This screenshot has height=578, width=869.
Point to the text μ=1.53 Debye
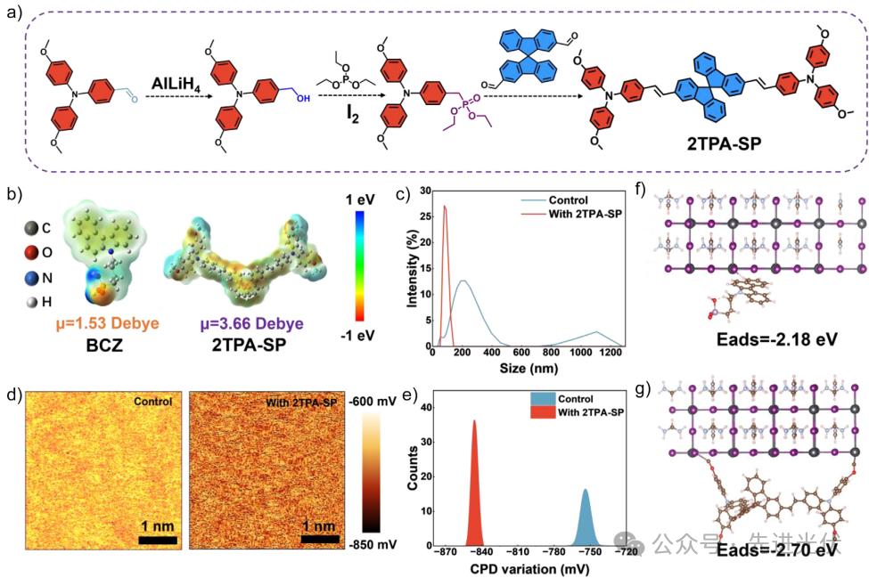tap(92, 322)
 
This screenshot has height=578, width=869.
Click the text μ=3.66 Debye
tap(233, 322)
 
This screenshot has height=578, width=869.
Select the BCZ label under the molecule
tap(92, 343)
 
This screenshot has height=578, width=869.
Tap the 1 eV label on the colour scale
tap(367, 196)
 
